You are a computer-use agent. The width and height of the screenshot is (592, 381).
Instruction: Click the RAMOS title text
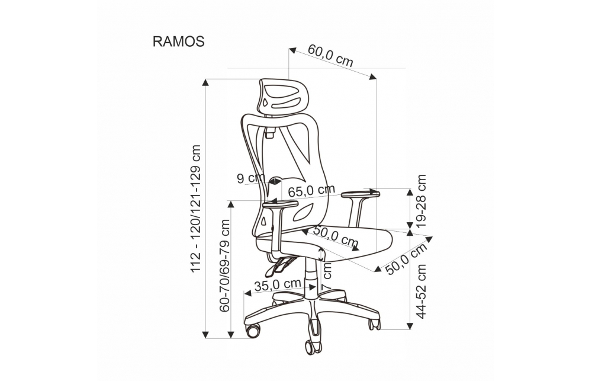(178, 41)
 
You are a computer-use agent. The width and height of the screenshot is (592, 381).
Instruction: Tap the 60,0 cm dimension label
(330, 56)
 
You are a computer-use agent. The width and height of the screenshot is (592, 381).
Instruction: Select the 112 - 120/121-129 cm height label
(195, 208)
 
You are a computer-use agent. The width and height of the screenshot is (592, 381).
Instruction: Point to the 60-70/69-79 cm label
(224, 265)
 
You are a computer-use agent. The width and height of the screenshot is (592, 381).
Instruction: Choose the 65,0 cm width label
(311, 191)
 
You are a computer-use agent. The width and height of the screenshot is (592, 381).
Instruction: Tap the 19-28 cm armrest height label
(420, 201)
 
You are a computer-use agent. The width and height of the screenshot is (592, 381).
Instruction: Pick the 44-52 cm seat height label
(420, 292)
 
